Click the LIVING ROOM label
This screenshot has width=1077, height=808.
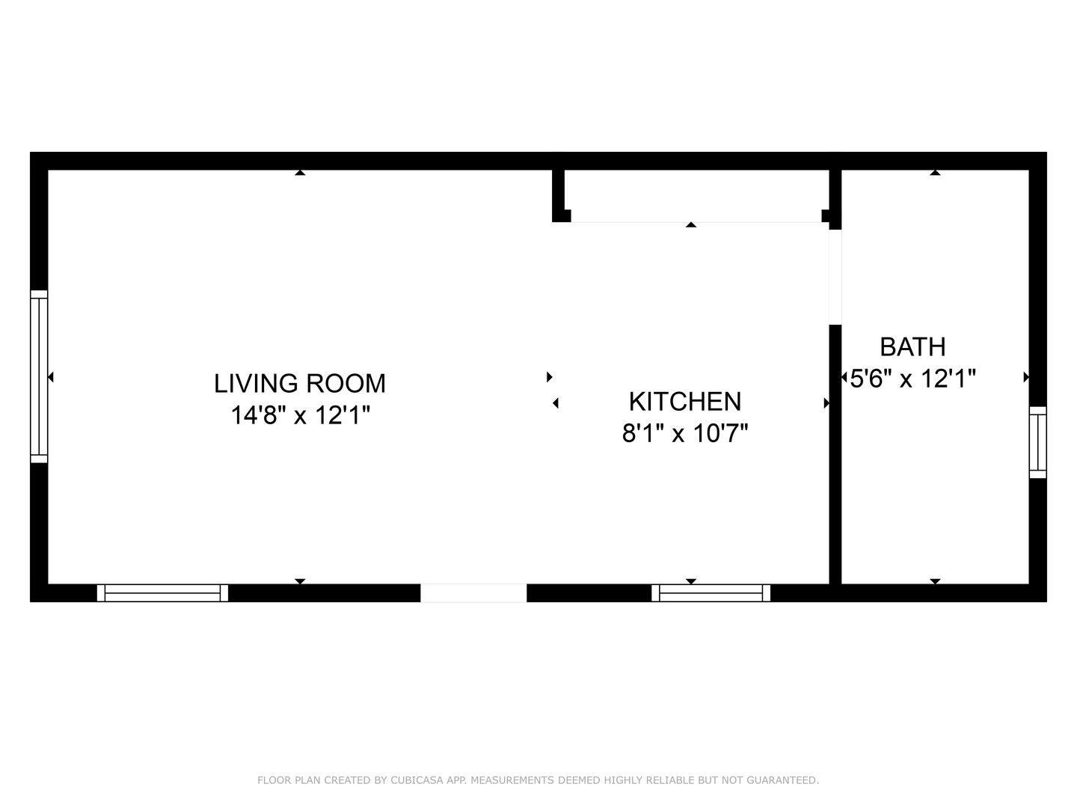point(300,383)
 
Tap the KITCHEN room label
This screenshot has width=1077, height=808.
point(685,402)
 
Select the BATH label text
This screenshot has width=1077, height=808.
point(912,347)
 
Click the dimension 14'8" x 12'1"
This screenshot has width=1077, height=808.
point(300,415)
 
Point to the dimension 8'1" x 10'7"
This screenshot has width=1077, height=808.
point(685,433)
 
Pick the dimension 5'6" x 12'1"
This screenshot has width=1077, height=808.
point(913,379)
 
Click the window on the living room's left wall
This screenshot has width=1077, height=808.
point(39,377)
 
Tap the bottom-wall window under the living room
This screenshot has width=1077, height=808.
point(162,593)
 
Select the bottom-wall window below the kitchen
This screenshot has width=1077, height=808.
point(711,593)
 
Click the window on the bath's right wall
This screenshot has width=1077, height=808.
point(1037,442)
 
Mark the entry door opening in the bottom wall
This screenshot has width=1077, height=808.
point(473,593)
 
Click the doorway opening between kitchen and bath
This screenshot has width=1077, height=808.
point(835,277)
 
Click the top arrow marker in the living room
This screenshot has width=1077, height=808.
point(300,173)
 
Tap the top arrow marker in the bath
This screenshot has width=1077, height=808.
point(935,173)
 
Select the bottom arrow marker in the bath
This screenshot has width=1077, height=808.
point(935,581)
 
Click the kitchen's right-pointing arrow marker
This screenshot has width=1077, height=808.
point(826,403)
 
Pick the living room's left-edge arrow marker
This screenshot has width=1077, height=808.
point(50,377)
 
